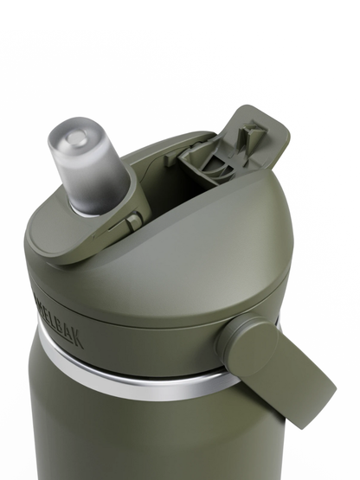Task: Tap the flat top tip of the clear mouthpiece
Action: point(77,136)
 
